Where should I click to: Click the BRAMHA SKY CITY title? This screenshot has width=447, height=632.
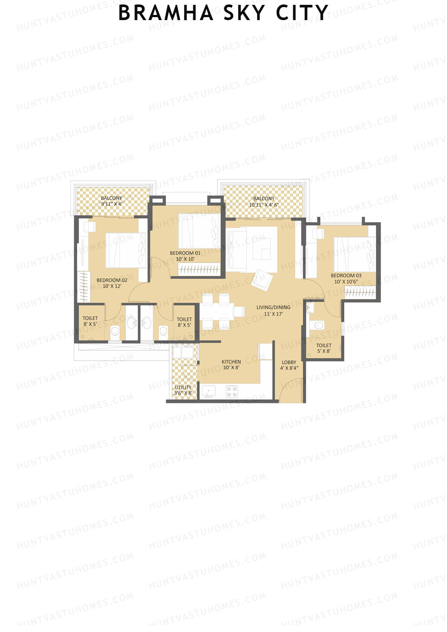pos(223,13)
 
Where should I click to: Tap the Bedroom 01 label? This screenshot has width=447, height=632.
pos(185,256)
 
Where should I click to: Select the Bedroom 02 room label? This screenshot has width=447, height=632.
pos(112,283)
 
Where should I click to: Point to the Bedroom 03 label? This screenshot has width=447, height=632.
pos(346,279)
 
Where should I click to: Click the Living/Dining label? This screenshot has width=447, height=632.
pos(273,310)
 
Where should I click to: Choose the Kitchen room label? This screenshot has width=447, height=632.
pos(231,365)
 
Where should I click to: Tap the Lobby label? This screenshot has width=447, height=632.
pos(289,365)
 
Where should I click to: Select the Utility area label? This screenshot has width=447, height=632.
pos(183,390)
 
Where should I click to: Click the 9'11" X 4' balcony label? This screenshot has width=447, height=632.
pos(111,201)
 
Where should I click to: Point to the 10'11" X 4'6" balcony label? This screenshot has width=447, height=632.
pos(264,201)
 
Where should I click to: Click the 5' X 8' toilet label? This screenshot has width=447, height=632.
pos(324,348)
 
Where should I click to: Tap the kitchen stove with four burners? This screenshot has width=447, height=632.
pos(232,391)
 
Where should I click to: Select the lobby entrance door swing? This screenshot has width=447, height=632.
pos(291,391)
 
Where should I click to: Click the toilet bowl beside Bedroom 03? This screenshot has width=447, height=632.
pos(318,325)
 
